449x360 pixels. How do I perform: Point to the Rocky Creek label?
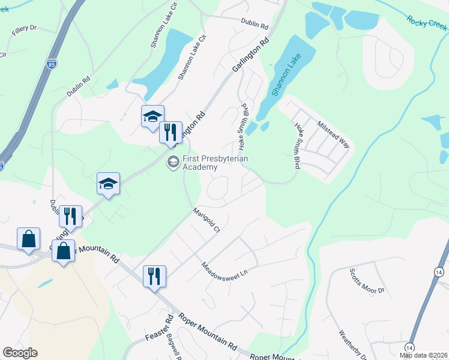pyautogui.click(x=426, y=22)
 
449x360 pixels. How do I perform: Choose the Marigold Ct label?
pyautogui.click(x=206, y=220)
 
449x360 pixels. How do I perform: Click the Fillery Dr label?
pyautogui.click(x=24, y=28)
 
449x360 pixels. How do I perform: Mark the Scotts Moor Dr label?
pyautogui.click(x=367, y=281)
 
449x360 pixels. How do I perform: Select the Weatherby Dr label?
pyautogui.click(x=352, y=344)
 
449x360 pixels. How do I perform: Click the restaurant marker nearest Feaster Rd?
pyautogui.click(x=154, y=276)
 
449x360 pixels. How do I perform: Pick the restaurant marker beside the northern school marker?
pyautogui.click(x=170, y=131)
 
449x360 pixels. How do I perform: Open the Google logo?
pyautogui.click(x=20, y=353)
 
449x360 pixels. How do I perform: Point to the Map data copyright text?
pyautogui.click(x=424, y=355)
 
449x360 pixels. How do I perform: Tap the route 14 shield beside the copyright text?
pyautogui.click(x=409, y=347)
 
